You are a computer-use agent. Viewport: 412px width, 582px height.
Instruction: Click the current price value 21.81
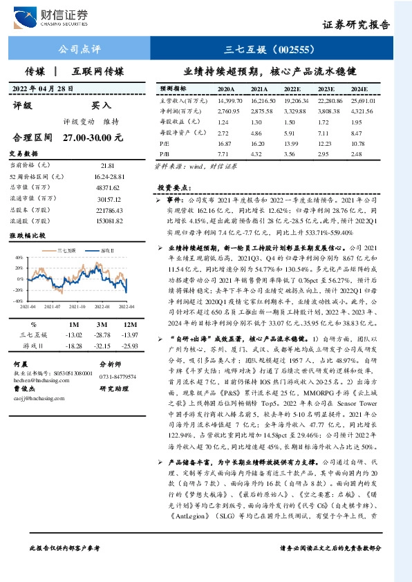[x=107, y=167]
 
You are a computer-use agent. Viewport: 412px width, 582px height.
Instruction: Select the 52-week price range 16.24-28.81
[x=107, y=177]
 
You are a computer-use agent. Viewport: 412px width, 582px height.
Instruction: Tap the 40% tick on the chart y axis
[x=18, y=258]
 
